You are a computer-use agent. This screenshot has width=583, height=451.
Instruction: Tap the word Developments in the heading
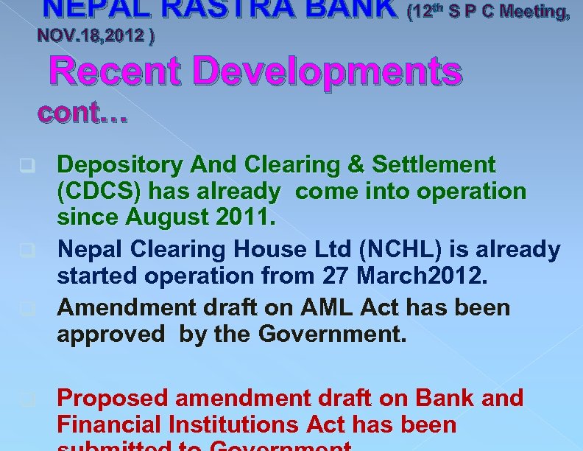331,72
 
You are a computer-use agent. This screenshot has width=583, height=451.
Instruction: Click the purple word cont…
82,113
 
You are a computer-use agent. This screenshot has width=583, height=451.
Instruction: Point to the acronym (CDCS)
100,192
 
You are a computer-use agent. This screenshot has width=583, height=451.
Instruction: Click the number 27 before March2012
336,276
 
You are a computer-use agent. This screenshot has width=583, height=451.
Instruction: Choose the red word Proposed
113,398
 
